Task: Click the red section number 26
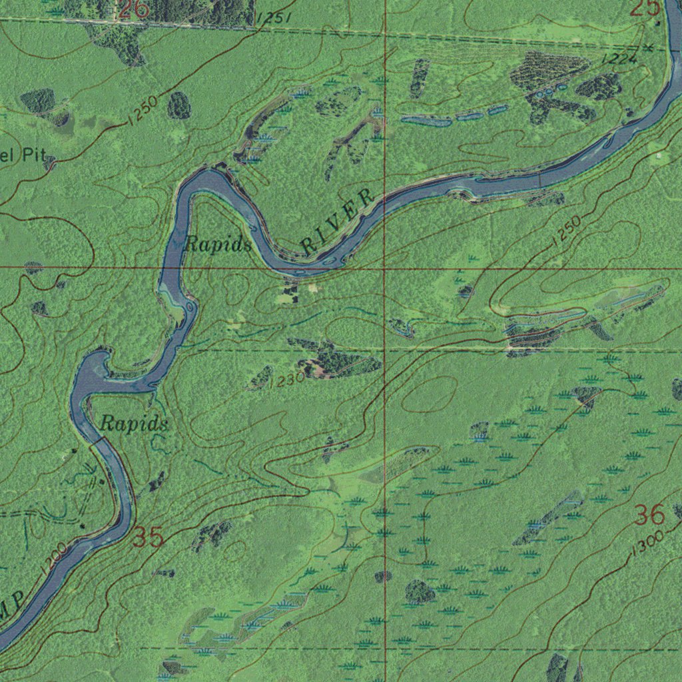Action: coord(134,9)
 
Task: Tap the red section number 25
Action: coord(644,7)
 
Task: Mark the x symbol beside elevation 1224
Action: coord(649,47)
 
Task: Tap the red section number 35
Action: coord(147,537)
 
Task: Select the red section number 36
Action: coord(649,515)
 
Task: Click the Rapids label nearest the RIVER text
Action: coord(217,244)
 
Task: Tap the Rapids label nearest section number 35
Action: coord(134,424)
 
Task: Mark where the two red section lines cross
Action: coord(386,268)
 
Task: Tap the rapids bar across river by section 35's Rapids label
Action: coord(98,441)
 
